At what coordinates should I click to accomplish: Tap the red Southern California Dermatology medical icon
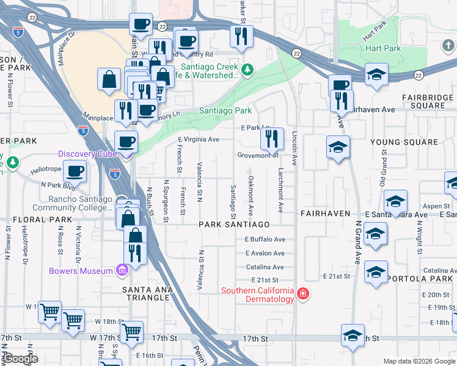point(302,295)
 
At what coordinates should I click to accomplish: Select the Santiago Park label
point(225,111)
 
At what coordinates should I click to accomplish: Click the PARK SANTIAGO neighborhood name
point(234,225)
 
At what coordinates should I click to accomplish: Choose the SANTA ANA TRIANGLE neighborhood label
point(145,293)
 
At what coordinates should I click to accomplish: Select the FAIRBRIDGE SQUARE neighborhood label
point(428,102)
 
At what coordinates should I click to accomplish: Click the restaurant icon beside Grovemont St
point(272,139)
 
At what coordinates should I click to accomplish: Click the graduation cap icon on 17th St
point(353,337)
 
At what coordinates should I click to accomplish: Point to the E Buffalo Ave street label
point(265,240)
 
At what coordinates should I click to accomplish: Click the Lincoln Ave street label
point(294,149)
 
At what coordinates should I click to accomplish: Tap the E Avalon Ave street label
point(265,253)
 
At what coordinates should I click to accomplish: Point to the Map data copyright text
point(420,362)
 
